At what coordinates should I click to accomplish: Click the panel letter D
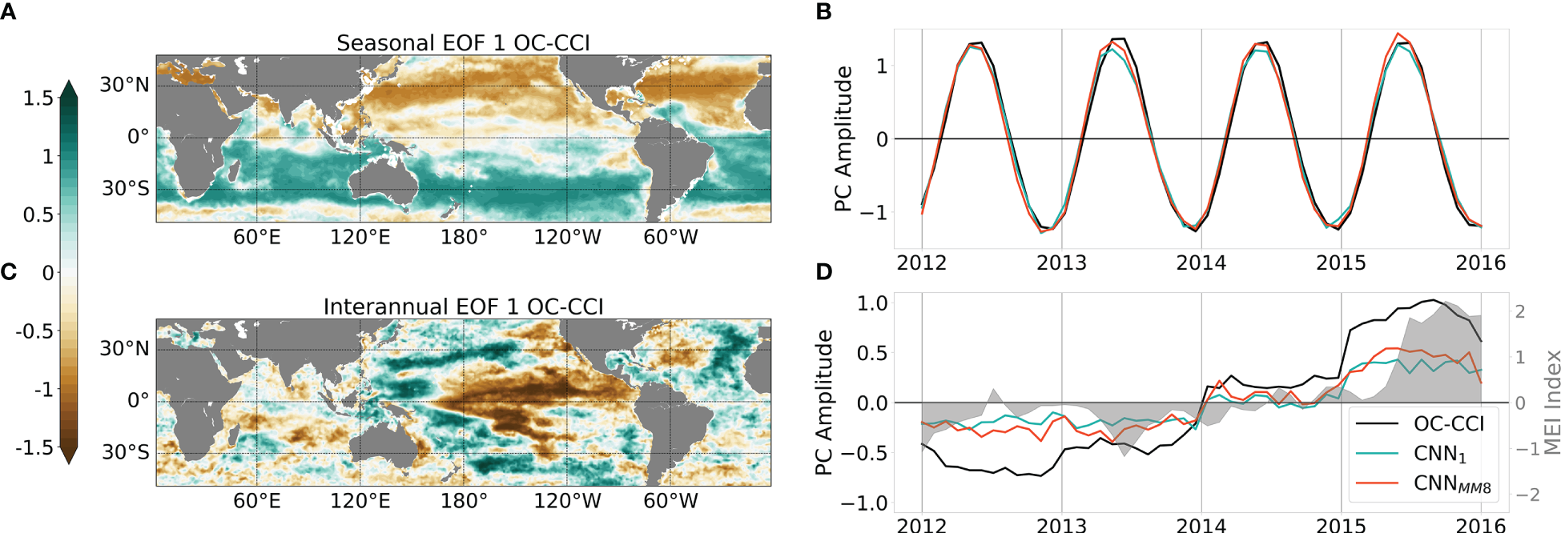pyautogui.click(x=824, y=272)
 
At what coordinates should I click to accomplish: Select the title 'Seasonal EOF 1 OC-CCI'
pyautogui.click(x=463, y=43)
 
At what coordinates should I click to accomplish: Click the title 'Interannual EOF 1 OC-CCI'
pyautogui.click(x=463, y=307)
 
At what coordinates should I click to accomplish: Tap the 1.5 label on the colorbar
pyautogui.click(x=38, y=98)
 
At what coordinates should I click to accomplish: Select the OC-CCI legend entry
pyautogui.click(x=1448, y=424)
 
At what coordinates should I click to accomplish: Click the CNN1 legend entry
pyautogui.click(x=1439, y=454)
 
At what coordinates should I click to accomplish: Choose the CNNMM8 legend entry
pyautogui.click(x=1451, y=483)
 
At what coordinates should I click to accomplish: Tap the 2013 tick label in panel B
pyautogui.click(x=1061, y=263)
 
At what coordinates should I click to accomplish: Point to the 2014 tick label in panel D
pyautogui.click(x=1201, y=525)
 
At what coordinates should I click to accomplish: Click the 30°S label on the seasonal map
pyautogui.click(x=125, y=189)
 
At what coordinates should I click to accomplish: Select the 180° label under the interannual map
pyautogui.click(x=464, y=501)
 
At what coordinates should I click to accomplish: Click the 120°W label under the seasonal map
pyautogui.click(x=567, y=238)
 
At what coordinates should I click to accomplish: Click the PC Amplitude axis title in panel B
pyautogui.click(x=843, y=138)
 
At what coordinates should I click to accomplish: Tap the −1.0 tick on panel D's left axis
pyautogui.click(x=863, y=503)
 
